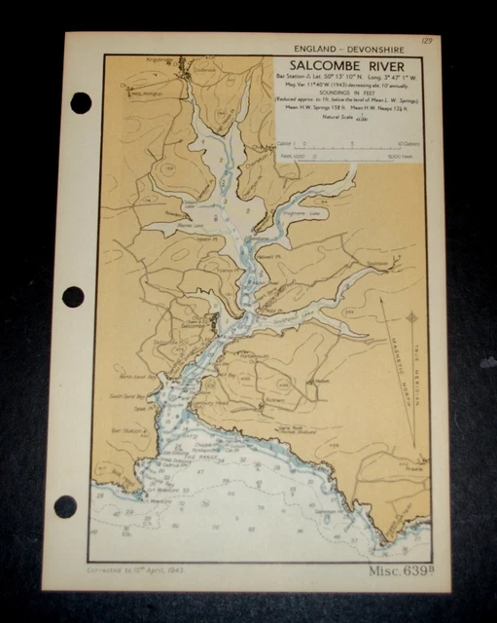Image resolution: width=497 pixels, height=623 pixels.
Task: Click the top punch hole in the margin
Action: tap(81, 102)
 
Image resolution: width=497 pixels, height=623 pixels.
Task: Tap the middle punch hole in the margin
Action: tap(73, 296)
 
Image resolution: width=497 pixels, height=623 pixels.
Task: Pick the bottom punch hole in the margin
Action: tap(65, 506)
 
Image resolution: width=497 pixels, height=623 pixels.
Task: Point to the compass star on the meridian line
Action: tap(411, 317)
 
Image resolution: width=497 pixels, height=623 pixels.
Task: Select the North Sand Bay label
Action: tap(133, 376)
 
